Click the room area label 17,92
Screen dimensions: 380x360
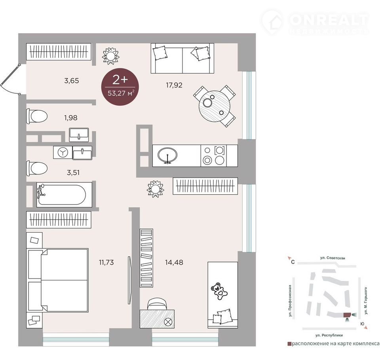tap(174, 85)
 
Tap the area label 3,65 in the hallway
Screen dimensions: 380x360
tap(72, 81)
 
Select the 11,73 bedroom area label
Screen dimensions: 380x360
tap(106, 262)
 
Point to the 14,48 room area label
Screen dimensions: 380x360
tap(174, 262)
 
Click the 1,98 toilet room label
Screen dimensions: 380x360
tap(71, 118)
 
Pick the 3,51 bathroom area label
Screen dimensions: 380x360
tap(73, 173)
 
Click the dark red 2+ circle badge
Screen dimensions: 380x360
tap(120, 87)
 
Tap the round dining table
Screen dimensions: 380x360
tap(215, 106)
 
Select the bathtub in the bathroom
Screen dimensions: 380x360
tap(64, 195)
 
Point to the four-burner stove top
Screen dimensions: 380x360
tap(213, 155)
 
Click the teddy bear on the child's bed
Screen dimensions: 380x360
tap(219, 291)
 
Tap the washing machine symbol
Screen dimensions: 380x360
tap(63, 152)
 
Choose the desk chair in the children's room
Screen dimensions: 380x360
tap(157, 303)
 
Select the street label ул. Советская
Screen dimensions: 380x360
tap(332, 258)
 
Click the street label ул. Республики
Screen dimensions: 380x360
tap(329, 335)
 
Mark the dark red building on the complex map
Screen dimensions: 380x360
tap(347, 315)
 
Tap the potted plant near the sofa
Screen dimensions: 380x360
tap(111, 56)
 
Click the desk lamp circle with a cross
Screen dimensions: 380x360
tap(168, 322)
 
